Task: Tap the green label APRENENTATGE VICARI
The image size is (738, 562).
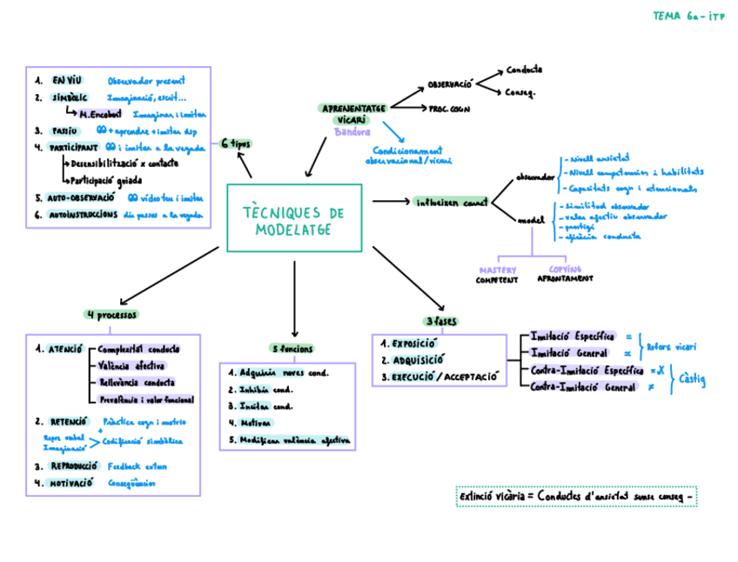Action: point(354,111)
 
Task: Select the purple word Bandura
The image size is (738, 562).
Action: point(352,132)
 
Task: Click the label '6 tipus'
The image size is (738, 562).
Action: point(236,143)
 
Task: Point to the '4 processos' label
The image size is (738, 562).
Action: point(111,314)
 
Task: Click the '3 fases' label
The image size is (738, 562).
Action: point(442,321)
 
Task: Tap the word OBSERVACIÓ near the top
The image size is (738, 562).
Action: point(449,85)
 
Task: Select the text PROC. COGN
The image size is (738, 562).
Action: point(449,110)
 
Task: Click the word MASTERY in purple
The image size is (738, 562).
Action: point(497,270)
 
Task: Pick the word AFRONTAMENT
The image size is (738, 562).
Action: point(566,279)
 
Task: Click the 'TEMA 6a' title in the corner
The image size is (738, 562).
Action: point(684,16)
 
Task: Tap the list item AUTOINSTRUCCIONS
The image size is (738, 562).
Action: point(84,214)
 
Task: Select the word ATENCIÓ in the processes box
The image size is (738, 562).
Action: point(66,349)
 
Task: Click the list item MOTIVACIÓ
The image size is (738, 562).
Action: point(71,482)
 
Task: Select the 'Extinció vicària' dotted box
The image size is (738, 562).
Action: point(576,497)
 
